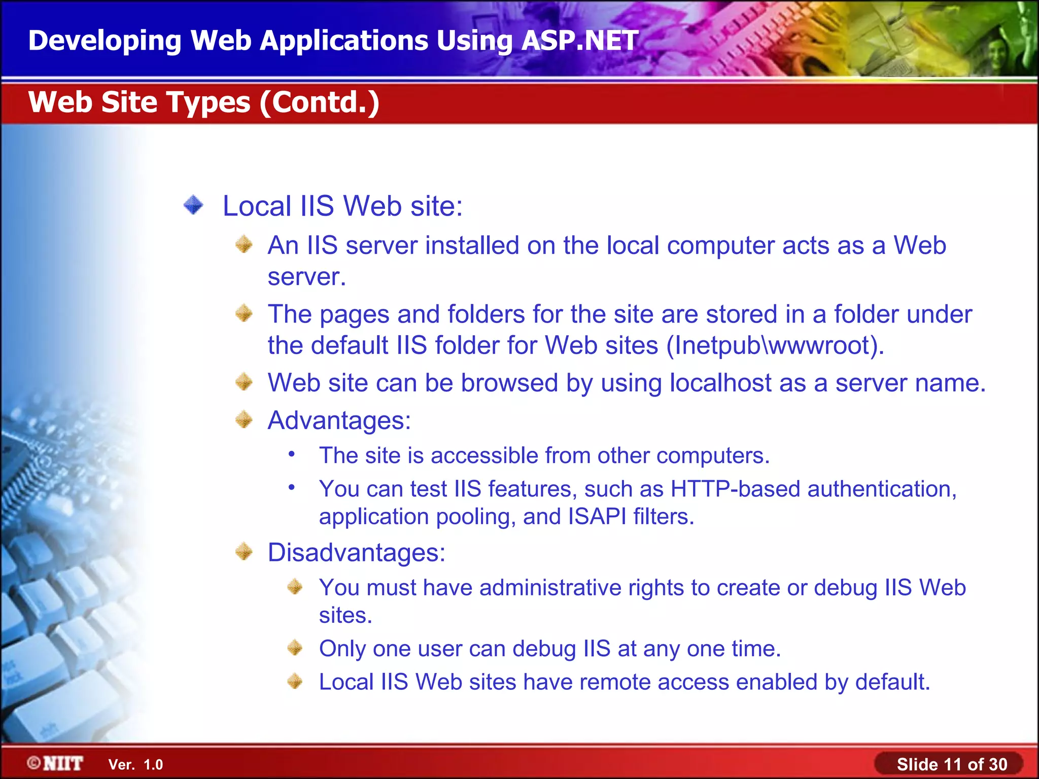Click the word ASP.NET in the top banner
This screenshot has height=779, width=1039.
click(x=579, y=41)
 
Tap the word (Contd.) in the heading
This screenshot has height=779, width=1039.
click(x=320, y=102)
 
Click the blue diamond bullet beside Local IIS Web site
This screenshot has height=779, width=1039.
click(x=193, y=205)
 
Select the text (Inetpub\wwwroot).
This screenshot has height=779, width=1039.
click(x=775, y=346)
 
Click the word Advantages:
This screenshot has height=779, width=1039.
click(x=339, y=420)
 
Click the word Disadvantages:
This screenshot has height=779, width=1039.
click(x=356, y=552)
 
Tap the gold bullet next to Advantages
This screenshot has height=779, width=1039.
click(x=244, y=419)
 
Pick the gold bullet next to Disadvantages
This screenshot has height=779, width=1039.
click(x=244, y=551)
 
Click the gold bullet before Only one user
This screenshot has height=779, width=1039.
click(x=295, y=648)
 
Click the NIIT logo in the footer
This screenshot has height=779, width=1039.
click(x=56, y=763)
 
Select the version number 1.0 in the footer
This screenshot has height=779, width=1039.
click(x=153, y=765)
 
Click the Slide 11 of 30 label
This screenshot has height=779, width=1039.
click(x=952, y=764)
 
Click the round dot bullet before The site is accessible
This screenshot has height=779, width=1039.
click(x=292, y=454)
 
